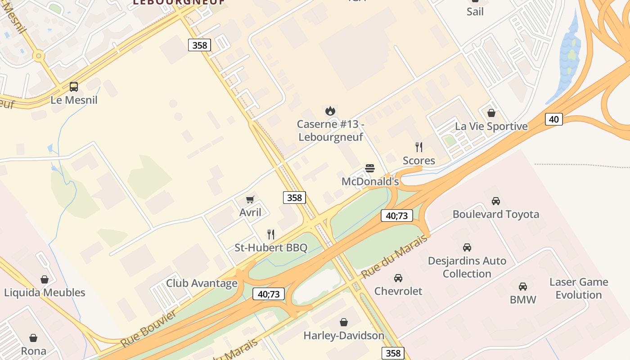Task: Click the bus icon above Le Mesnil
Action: tap(74, 87)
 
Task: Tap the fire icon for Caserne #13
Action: tap(330, 111)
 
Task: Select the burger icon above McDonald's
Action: tap(370, 169)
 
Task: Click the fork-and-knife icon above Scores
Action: tap(419, 147)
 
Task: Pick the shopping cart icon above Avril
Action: tap(250, 199)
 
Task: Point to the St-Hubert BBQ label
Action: tap(271, 247)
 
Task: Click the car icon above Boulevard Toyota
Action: tap(495, 201)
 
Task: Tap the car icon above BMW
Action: tap(523, 287)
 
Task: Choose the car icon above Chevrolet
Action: tap(398, 278)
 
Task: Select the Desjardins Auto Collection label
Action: tap(467, 267)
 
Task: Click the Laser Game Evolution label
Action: tap(578, 288)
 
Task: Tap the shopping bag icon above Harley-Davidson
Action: tap(344, 322)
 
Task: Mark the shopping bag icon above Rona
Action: tap(33, 338)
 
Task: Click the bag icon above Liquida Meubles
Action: tap(45, 279)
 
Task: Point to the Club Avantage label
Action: tap(202, 283)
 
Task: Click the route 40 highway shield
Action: tap(553, 119)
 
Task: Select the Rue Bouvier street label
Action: tap(148, 328)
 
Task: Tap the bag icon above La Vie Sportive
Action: tap(491, 113)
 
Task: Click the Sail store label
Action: tap(475, 11)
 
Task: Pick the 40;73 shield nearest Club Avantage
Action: tap(269, 294)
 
